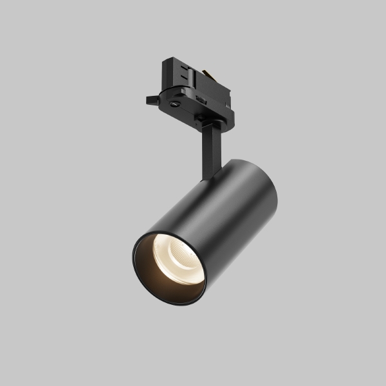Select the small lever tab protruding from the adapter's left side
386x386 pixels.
point(151,100)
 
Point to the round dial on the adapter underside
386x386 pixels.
point(175,104)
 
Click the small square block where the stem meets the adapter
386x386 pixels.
point(205,120)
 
